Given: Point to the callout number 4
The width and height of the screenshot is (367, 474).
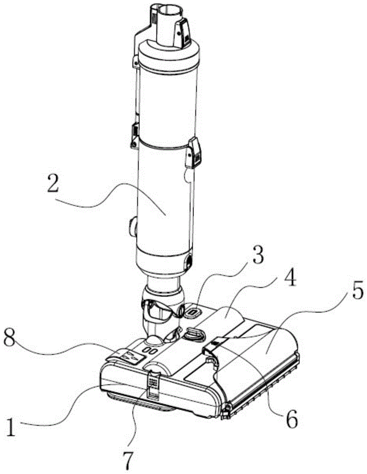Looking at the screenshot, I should (x=289, y=279).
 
